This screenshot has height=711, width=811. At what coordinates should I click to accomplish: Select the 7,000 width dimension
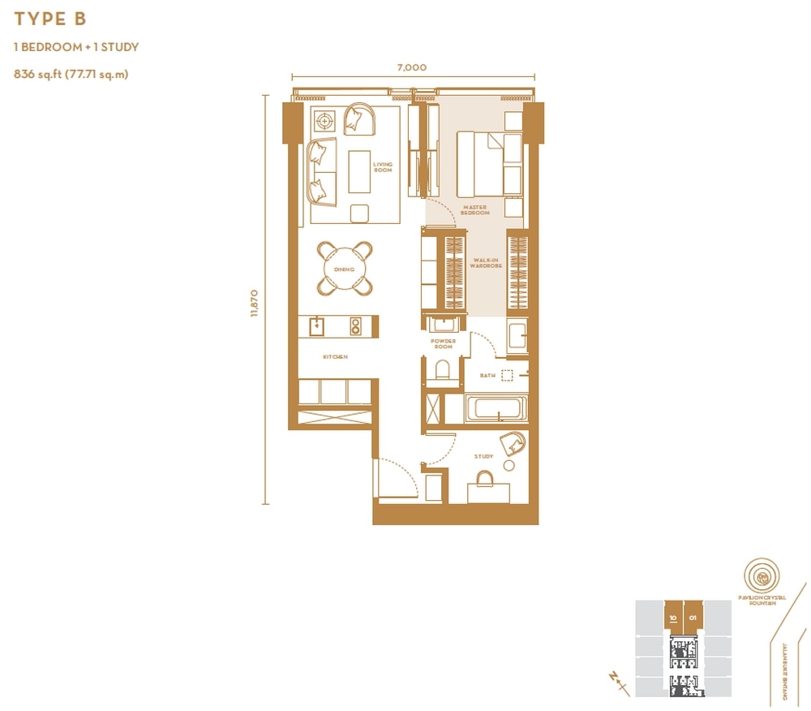(412, 68)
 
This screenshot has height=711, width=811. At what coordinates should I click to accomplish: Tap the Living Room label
(383, 166)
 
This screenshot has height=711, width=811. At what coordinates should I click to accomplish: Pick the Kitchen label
(335, 357)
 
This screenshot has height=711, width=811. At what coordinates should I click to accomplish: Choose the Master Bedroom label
(475, 210)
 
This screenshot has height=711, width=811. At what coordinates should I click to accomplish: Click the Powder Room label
(443, 344)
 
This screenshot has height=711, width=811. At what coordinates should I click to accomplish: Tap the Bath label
(487, 376)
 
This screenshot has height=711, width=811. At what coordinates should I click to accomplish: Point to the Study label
(484, 457)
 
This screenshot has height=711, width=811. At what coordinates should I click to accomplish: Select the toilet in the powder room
(443, 371)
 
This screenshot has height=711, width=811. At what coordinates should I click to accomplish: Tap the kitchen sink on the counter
(317, 326)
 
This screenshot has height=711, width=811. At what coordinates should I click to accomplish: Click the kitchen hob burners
(355, 326)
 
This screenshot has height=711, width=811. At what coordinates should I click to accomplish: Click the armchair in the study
(513, 443)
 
